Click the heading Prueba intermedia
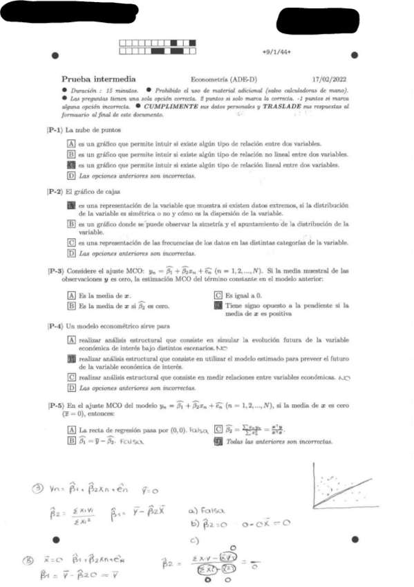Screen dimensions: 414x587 tap(98, 79)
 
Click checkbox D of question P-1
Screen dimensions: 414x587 tap(71, 177)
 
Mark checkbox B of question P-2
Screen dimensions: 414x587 tap(71, 224)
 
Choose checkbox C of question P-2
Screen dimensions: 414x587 tap(71, 242)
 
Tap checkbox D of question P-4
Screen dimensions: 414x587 tap(71, 389)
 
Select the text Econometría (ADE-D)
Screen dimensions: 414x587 tap(220, 79)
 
